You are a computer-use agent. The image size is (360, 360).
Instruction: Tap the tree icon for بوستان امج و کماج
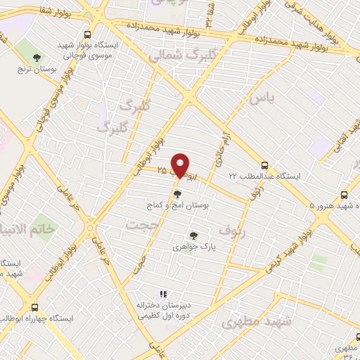coord(177,193)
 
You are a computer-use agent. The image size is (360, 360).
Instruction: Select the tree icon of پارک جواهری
coord(193,236)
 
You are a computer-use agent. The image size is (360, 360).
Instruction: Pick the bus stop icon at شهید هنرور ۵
coord(344,195)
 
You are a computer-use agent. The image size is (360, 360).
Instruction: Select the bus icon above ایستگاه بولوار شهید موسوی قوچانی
coord(88,34)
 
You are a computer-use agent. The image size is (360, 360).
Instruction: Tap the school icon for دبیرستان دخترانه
coord(163,295)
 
